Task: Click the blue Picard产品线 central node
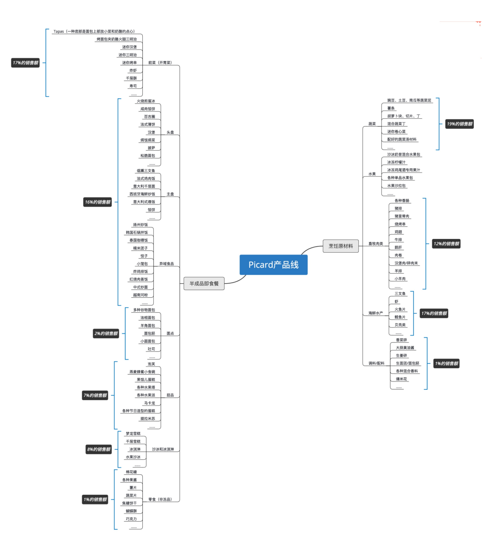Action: pyautogui.click(x=273, y=265)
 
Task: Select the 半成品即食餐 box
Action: pyautogui.click(x=204, y=283)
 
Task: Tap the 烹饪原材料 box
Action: pyautogui.click(x=341, y=246)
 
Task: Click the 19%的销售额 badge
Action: pyautogui.click(x=459, y=124)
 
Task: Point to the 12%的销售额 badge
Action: pyautogui.click(x=446, y=244)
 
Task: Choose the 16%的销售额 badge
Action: pyautogui.click(x=97, y=202)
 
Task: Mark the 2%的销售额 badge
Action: pyautogui.click(x=106, y=334)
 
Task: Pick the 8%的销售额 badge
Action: pyautogui.click(x=99, y=449)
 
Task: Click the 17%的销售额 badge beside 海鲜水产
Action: pyautogui.click(x=434, y=313)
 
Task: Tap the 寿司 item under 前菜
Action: pyautogui.click(x=133, y=86)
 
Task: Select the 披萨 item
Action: pyautogui.click(x=151, y=148)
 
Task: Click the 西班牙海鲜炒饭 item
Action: pyautogui.click(x=142, y=194)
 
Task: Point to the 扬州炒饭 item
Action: pyautogui.click(x=140, y=225)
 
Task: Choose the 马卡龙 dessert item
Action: pyautogui.click(x=149, y=403)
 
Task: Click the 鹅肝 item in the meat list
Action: pyautogui.click(x=398, y=248)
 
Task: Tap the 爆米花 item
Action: pyautogui.click(x=401, y=379)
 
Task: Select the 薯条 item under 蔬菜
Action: pyautogui.click(x=391, y=108)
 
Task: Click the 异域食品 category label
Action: pyautogui.click(x=166, y=264)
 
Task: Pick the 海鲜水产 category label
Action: pyautogui.click(x=376, y=313)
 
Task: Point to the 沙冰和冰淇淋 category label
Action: pyautogui.click(x=163, y=449)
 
